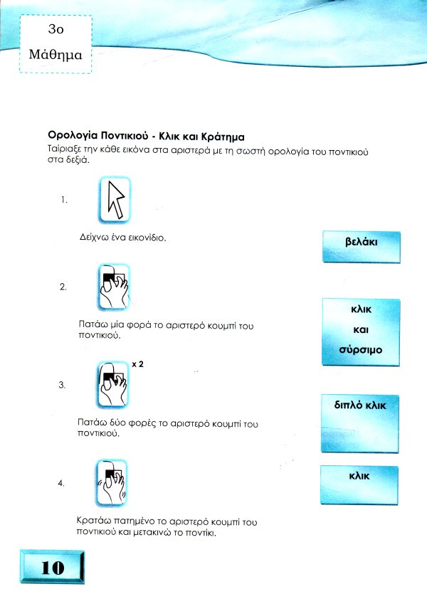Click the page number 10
point(52,568)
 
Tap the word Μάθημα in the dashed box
point(56,55)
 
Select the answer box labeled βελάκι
point(362,247)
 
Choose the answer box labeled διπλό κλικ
point(360,423)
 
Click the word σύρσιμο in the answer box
point(360,350)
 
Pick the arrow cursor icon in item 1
point(115,200)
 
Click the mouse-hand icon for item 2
point(114,287)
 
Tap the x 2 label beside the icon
point(137,364)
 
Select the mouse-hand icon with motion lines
point(111,482)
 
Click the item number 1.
point(64,200)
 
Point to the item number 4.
point(61,484)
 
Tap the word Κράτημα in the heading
point(223,137)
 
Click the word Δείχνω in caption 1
point(90,238)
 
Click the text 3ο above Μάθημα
point(56,29)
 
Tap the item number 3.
point(62,386)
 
